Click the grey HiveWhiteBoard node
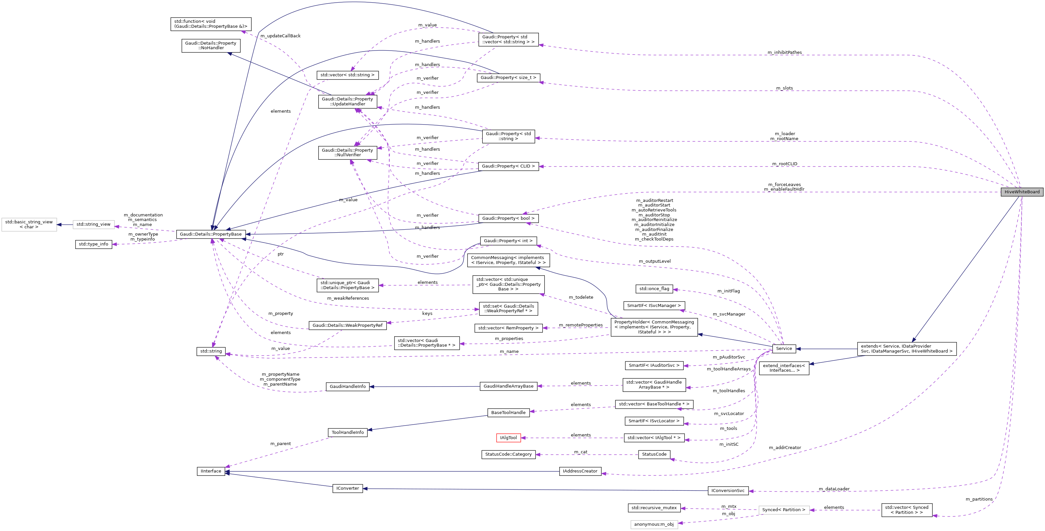pyautogui.click(x=1022, y=192)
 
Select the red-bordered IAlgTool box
pyautogui.click(x=508, y=437)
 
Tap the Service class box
pyautogui.click(x=784, y=348)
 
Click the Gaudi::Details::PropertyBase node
pyautogui.click(x=211, y=234)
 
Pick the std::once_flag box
pyautogui.click(x=654, y=289)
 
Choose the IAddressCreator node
pyautogui.click(x=580, y=471)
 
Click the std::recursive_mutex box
pyautogui.click(x=654, y=508)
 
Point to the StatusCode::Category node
pyautogui.click(x=508, y=454)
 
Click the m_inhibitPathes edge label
pyautogui.click(x=784, y=52)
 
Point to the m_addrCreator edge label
pyautogui.click(x=784, y=447)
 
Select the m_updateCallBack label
pyautogui.click(x=280, y=36)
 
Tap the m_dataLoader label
pyautogui.click(x=834, y=489)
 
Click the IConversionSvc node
pyautogui.click(x=728, y=490)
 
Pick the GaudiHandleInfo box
pyautogui.click(x=347, y=387)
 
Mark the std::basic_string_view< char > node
pyautogui.click(x=29, y=224)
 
